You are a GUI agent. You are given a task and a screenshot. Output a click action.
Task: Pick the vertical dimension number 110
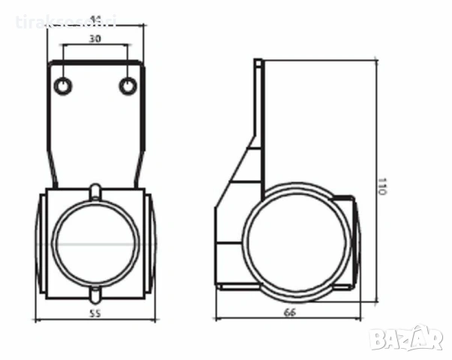(x=382, y=187)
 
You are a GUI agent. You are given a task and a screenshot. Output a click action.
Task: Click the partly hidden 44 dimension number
(x=95, y=19)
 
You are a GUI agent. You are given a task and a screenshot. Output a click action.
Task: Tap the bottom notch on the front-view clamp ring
(x=96, y=293)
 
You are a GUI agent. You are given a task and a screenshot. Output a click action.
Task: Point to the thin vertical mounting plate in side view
(x=258, y=120)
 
